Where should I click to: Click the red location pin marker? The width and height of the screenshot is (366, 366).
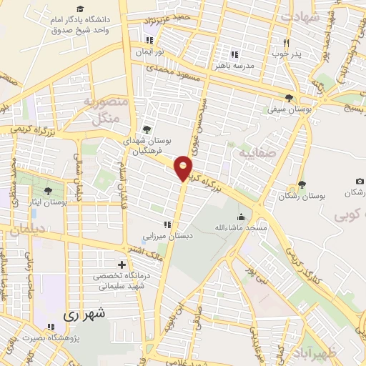coord(184,168)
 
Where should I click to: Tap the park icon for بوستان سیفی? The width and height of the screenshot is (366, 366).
coord(288,98)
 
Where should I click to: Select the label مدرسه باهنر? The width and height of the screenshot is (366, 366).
coord(233,65)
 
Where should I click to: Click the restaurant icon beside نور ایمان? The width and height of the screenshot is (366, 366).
coord(149,41)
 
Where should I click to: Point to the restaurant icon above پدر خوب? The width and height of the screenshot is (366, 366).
coord(287,41)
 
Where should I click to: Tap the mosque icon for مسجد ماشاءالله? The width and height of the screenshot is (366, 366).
coord(242,216)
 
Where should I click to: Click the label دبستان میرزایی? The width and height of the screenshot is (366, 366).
coord(167,236)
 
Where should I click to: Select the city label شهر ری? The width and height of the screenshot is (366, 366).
coord(84,313)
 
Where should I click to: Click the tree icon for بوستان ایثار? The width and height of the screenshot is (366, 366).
coord(48,191)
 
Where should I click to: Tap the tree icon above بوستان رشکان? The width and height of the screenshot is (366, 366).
coord(302,184)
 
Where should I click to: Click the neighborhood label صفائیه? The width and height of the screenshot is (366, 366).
coord(256,154)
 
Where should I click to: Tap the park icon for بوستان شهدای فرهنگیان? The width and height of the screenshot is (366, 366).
coord(146,129)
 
